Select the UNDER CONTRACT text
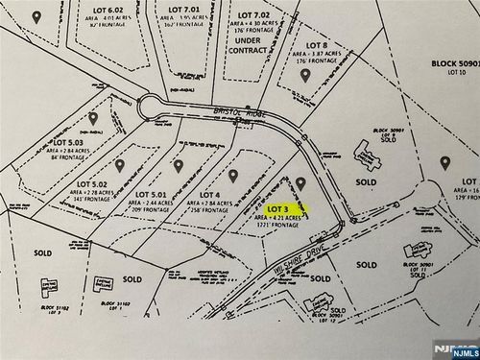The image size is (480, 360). tap(249, 46)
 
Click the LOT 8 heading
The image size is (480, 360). tap(317, 45)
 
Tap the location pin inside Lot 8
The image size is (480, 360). tap(306, 74)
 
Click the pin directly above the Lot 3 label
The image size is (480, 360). tap(300, 181)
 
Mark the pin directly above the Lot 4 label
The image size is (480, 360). tap(232, 175)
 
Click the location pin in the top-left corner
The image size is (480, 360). tap(36, 16)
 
